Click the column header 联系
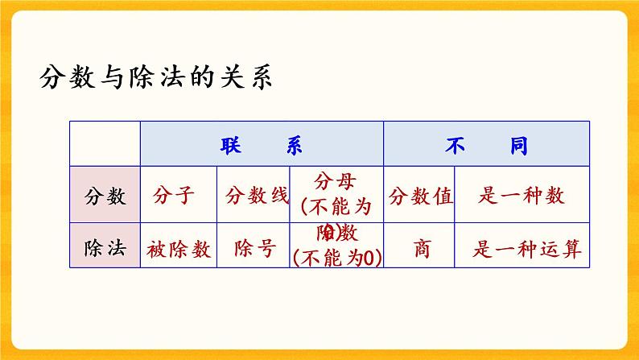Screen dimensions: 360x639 (262, 144)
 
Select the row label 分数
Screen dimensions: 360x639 (105, 196)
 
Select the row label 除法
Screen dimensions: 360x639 (105, 249)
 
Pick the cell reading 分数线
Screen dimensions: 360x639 (257, 196)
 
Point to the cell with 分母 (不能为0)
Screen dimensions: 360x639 (336, 196)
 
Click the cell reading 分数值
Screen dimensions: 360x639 (419, 196)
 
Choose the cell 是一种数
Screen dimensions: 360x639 (521, 196)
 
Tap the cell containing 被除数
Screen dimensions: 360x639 (179, 249)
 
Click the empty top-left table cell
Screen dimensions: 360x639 (105, 144)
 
